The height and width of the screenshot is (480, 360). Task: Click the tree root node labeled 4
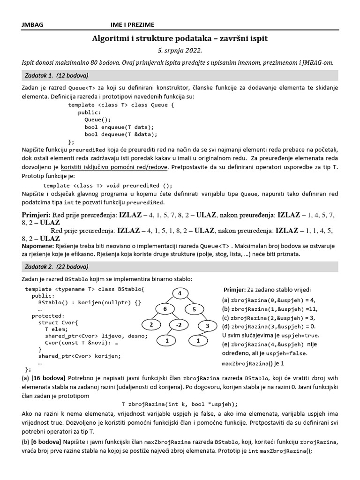[x=180, y=293]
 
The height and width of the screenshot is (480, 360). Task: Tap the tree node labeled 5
[x=195, y=309]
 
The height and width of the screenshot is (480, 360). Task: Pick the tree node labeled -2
[x=179, y=325]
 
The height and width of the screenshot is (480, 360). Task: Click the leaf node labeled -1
[x=165, y=341]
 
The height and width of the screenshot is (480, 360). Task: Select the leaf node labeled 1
[x=198, y=341]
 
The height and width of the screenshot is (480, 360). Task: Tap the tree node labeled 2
[x=150, y=325]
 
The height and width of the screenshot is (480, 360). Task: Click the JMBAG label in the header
[x=32, y=25]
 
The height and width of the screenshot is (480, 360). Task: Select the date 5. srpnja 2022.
[x=180, y=51]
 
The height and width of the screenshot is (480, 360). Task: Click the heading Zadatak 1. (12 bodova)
[x=56, y=75]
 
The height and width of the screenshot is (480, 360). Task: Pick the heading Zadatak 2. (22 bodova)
[x=56, y=267]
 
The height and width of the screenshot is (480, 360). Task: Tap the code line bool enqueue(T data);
[x=119, y=127]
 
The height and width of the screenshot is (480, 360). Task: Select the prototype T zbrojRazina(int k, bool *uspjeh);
[x=180, y=404]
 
